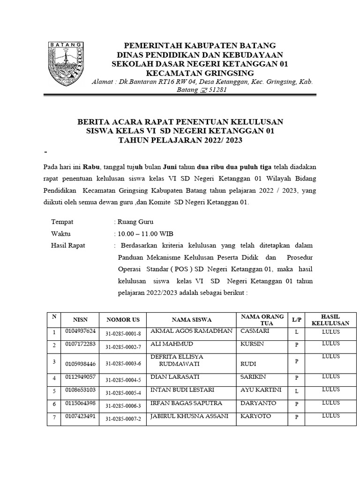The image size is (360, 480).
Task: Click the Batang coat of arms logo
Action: [65, 60]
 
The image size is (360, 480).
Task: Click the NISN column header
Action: [80, 320]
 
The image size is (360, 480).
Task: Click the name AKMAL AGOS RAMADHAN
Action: [191, 331]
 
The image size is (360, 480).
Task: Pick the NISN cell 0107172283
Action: [80, 345]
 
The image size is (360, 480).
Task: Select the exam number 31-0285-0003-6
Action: [123, 363]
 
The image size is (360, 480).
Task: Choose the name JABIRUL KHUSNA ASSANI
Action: [189, 416]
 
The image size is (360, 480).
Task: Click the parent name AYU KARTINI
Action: [261, 390]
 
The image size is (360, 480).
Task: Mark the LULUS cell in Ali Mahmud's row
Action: [330, 344]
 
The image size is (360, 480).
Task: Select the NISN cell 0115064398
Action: [80, 403]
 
